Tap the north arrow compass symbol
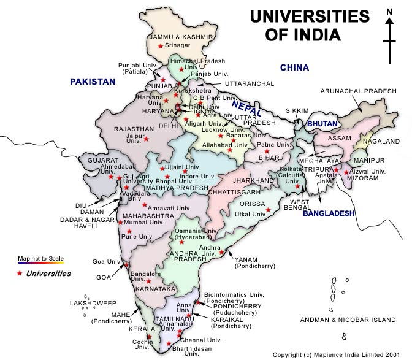tap(389, 37)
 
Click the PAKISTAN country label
tap(93, 81)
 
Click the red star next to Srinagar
tap(161, 47)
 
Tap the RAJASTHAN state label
tap(128, 129)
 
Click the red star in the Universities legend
tap(20, 274)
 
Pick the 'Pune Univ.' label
tap(137, 236)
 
